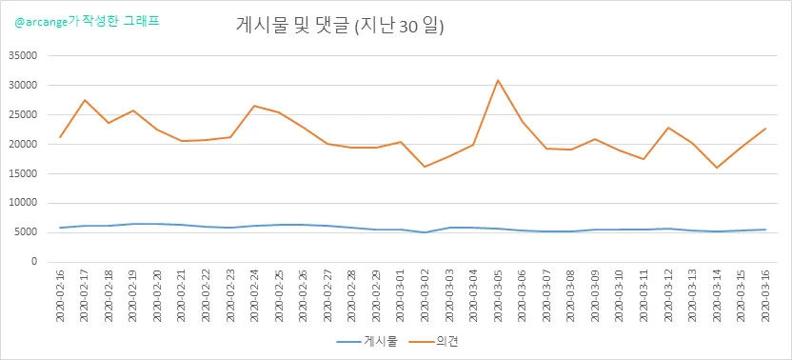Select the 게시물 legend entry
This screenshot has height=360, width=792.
367,342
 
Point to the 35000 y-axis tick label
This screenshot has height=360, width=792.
24,55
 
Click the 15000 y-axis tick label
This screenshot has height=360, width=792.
24,173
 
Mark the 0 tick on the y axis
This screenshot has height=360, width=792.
35,262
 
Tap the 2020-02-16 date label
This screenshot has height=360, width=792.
61,295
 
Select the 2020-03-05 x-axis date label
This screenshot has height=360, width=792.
498,295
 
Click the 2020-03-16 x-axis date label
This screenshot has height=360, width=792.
765,295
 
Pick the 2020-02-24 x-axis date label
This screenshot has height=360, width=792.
255,295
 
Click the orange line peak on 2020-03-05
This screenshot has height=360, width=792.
498,80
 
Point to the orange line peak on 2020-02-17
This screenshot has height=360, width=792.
85,100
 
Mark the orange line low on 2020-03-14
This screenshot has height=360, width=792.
717,168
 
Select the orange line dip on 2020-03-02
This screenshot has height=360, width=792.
425,167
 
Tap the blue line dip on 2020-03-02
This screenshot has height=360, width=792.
425,232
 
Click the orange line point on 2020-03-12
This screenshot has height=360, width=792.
668,128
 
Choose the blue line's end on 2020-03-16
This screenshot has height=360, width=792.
765,230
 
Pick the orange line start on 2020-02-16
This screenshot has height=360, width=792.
61,137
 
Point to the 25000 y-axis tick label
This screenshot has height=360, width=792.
24,115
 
